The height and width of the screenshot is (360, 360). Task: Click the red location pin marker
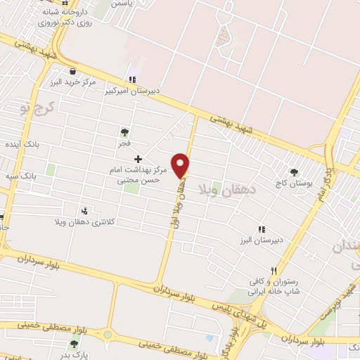(x=181, y=165)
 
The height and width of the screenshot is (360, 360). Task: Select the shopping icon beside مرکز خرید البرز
(x=73, y=70)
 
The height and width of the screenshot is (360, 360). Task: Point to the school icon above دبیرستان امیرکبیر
(x=131, y=79)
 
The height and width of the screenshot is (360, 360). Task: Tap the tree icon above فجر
(x=124, y=131)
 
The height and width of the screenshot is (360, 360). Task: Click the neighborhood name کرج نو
(x=31, y=106)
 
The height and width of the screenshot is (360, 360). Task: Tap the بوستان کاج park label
(x=294, y=184)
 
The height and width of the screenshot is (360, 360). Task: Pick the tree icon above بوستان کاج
(x=294, y=172)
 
